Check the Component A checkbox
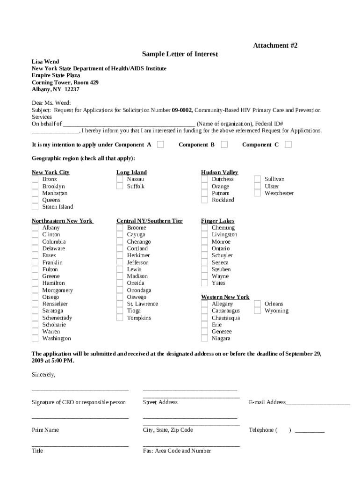[x=160, y=145]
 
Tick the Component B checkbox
[x=224, y=145]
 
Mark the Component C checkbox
[x=288, y=145]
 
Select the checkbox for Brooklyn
[x=35, y=186]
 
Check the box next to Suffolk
[x=120, y=186]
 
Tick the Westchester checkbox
[x=257, y=193]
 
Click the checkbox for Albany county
[x=35, y=228]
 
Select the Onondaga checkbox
[x=120, y=290]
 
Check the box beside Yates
[x=204, y=283]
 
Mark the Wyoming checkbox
[x=257, y=311]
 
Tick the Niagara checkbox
[x=204, y=338]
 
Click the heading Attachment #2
[x=275, y=45]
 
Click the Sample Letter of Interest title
[x=180, y=54]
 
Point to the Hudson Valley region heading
[x=219, y=172]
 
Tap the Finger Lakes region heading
[x=217, y=221]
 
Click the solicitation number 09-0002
[x=182, y=110]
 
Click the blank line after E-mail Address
[x=317, y=403]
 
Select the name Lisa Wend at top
[x=45, y=61]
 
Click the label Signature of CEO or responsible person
[x=79, y=402]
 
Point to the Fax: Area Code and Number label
[x=177, y=451]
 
